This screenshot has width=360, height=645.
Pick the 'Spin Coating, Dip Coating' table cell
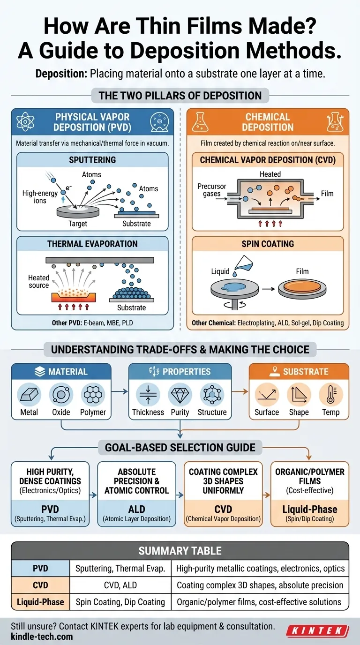click(x=120, y=601)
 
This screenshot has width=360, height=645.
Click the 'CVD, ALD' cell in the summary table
click(x=120, y=585)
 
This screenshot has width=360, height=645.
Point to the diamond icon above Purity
click(x=180, y=395)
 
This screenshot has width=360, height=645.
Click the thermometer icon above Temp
click(x=331, y=395)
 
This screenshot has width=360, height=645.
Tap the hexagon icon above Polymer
click(x=93, y=395)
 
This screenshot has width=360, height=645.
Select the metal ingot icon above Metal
click(x=29, y=395)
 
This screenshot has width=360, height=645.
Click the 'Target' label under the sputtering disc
click(x=78, y=224)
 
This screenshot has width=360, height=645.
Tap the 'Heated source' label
click(x=38, y=281)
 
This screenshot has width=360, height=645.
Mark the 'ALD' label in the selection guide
click(x=136, y=509)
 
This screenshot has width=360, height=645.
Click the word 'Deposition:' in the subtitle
click(x=60, y=74)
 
